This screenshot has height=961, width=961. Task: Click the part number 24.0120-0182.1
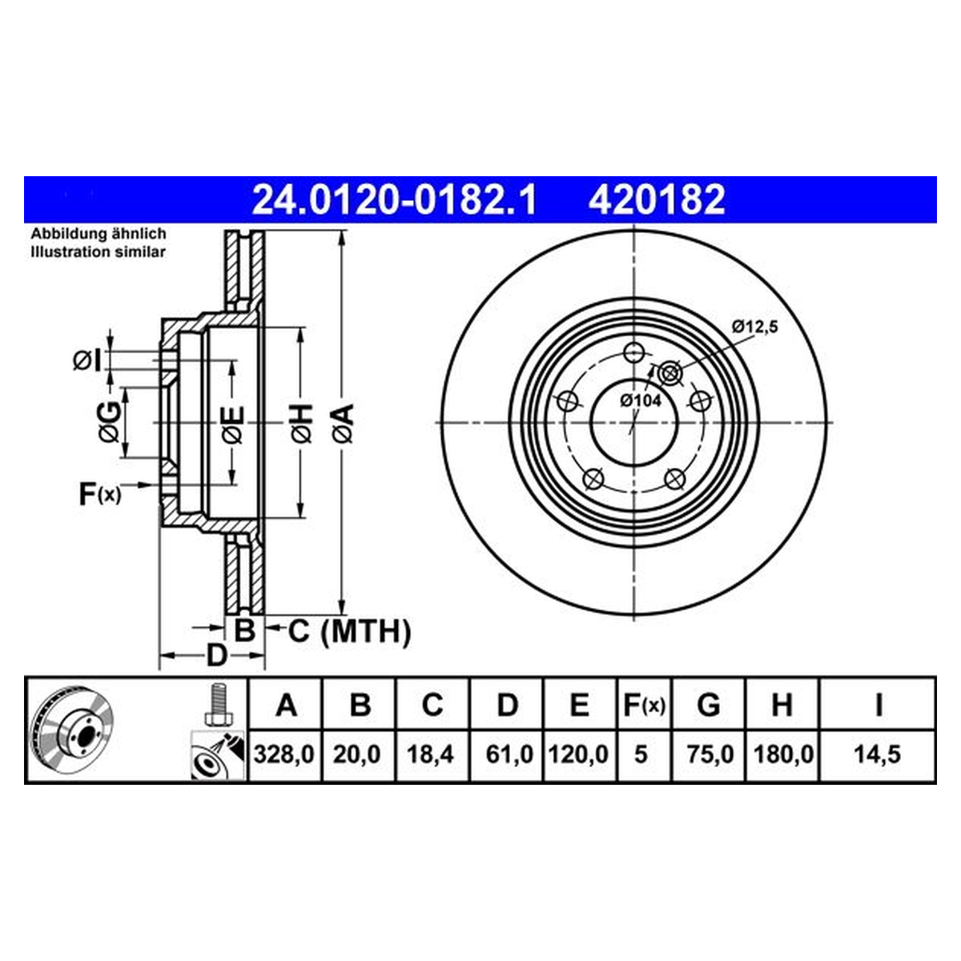pyautogui.click(x=395, y=199)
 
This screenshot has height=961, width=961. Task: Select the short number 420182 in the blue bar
pyautogui.click(x=657, y=199)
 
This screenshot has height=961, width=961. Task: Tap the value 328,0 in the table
pyautogui.click(x=283, y=754)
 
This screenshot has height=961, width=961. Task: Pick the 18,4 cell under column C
pyautogui.click(x=430, y=754)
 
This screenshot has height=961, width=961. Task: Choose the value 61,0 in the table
pyautogui.click(x=509, y=754)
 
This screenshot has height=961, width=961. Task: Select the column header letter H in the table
pyautogui.click(x=782, y=706)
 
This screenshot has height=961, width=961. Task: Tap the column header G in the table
pyautogui.click(x=708, y=706)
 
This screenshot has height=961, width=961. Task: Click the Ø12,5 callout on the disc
pyautogui.click(x=755, y=328)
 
